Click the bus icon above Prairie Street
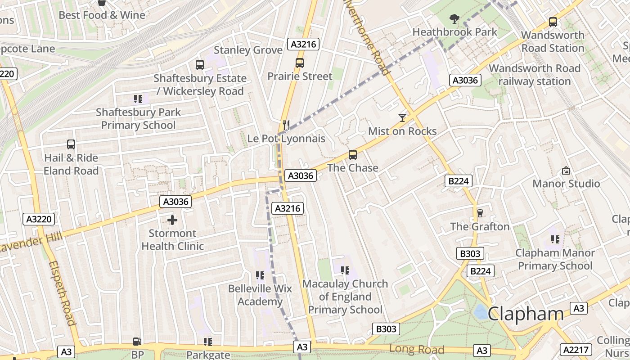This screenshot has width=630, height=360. [300, 63]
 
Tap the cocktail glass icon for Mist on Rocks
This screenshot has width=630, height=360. [402, 118]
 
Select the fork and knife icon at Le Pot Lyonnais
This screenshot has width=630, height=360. [285, 125]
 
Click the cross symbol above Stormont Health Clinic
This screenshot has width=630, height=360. [172, 220]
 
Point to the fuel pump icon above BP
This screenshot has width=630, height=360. [137, 342]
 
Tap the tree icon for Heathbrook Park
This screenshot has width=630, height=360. [454, 19]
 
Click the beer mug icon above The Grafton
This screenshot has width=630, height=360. [480, 213]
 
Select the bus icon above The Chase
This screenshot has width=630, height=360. [353, 155]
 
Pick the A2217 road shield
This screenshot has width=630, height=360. [576, 350]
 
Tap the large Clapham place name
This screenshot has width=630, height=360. [525, 314]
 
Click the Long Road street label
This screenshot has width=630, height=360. [417, 349]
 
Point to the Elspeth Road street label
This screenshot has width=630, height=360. [62, 292]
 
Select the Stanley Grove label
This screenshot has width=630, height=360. [248, 50]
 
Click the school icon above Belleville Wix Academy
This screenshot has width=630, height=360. [260, 275]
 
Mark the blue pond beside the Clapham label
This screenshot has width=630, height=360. [481, 311]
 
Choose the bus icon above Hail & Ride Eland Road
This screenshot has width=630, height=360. [71, 144]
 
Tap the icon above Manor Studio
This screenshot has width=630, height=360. [566, 171]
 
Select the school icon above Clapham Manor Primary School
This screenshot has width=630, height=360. [555, 239]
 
